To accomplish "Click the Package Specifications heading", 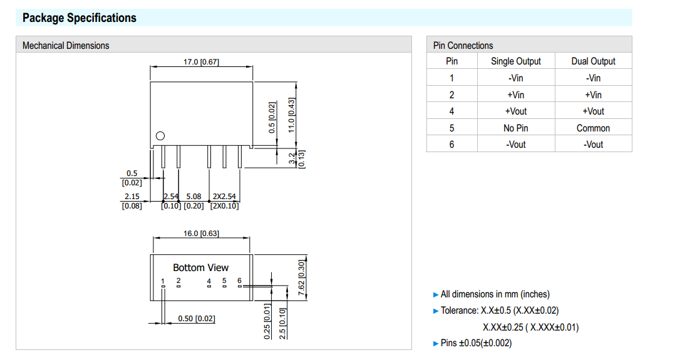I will pyautogui.click(x=79, y=18).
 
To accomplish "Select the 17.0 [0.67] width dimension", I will pyautogui.click(x=200, y=61).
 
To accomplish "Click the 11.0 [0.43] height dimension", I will pyautogui.click(x=291, y=114).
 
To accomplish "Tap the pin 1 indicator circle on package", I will pyautogui.click(x=160, y=136).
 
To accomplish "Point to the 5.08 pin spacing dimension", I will pyautogui.click(x=193, y=197).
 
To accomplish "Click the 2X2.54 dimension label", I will pyautogui.click(x=224, y=197).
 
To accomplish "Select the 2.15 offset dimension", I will pyautogui.click(x=131, y=197).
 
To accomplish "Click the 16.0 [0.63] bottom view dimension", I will pyautogui.click(x=200, y=234).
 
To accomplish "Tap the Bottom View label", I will pyautogui.click(x=200, y=267).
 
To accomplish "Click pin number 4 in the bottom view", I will pyautogui.click(x=209, y=281).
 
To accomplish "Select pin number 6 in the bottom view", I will pyautogui.click(x=239, y=280).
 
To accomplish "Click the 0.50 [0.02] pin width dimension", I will pyautogui.click(x=196, y=319).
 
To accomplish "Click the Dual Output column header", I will pyautogui.click(x=593, y=61).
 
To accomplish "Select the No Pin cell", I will pyautogui.click(x=515, y=128).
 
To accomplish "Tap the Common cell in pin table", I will pyautogui.click(x=593, y=128).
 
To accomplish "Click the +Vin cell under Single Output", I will pyautogui.click(x=515, y=95).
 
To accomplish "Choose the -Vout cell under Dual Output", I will pyautogui.click(x=593, y=144).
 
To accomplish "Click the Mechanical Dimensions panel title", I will pyautogui.click(x=65, y=45).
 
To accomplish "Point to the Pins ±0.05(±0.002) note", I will pyautogui.click(x=476, y=343).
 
